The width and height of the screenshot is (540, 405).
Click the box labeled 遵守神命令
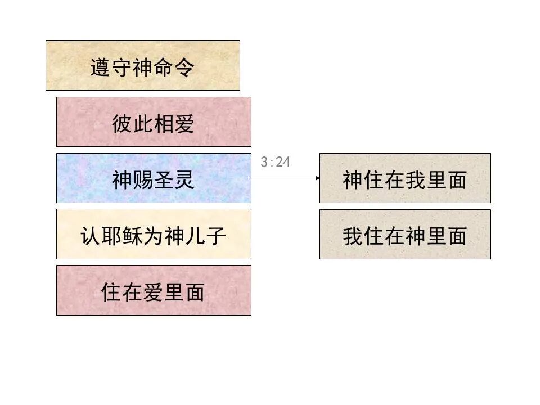coord(142,65)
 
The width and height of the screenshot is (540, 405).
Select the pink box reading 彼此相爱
coord(154,121)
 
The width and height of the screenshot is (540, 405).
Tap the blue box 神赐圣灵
coord(154,178)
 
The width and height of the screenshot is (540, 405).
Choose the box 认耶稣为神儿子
coord(154,234)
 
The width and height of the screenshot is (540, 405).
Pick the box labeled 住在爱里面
coord(154,290)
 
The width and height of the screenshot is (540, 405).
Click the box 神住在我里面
coord(405,178)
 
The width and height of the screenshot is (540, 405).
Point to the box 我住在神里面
coord(405,235)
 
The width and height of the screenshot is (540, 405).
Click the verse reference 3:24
coord(276,162)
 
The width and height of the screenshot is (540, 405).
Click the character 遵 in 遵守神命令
coord(101,67)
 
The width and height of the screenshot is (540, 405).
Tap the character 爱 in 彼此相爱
coord(184,124)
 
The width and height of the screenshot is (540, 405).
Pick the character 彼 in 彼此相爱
coord(122,124)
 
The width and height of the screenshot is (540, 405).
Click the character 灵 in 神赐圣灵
coord(184,180)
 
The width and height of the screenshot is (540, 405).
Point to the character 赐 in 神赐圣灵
coord(143,180)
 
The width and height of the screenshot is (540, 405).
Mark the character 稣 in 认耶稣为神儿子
coord(132,236)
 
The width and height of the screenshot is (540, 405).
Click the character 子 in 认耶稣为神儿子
coord(215,236)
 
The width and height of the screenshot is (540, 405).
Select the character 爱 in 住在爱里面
coord(153,292)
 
